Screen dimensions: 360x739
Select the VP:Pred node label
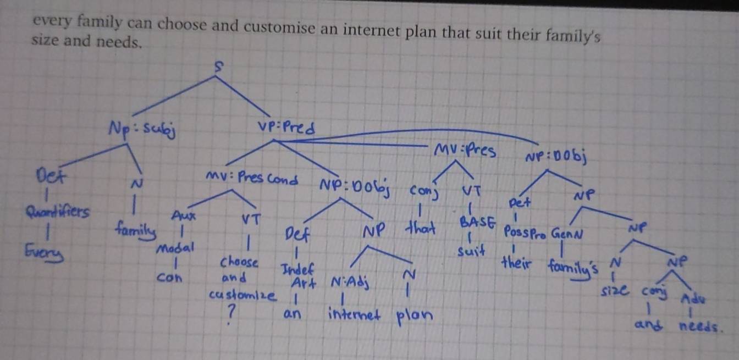[x=286, y=128]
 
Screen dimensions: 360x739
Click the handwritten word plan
[x=413, y=316]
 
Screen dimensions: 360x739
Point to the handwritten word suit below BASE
[x=471, y=252]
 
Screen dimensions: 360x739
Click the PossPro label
[x=524, y=234]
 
